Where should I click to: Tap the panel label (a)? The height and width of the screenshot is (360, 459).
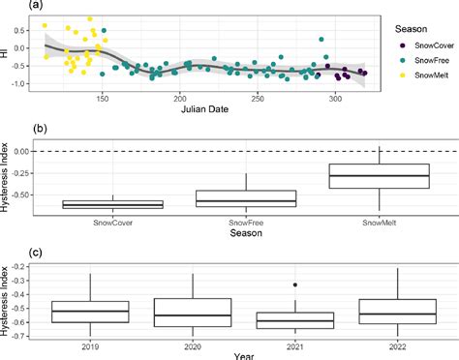tap(10, 6)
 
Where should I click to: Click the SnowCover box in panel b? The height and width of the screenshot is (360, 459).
tap(113, 204)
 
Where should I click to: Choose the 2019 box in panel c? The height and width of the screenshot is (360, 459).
tap(90, 311)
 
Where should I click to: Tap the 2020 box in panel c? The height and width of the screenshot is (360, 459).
tap(193, 313)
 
